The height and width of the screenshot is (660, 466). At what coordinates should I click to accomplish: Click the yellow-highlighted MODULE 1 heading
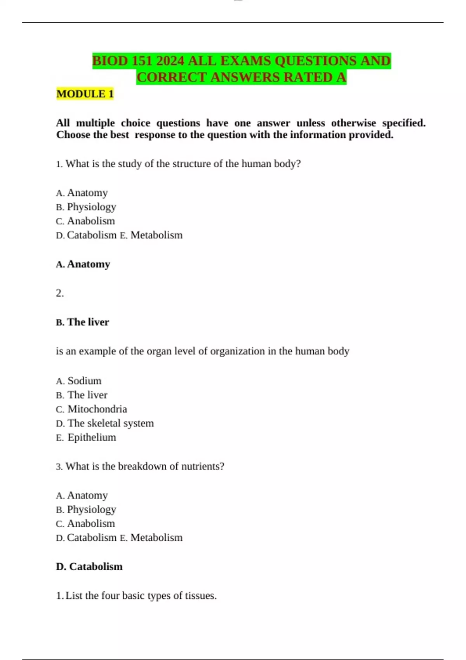point(85,94)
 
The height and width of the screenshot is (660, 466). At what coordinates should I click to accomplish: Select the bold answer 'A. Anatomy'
point(83,264)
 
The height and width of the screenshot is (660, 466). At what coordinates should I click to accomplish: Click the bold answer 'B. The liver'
point(82,322)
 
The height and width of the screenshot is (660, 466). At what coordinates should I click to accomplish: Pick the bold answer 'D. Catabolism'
point(89,566)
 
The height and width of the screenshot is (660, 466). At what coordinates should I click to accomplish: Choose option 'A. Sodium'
point(79,380)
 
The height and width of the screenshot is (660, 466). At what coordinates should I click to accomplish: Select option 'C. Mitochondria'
point(92,409)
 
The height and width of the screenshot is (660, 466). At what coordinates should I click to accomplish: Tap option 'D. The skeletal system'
point(105,423)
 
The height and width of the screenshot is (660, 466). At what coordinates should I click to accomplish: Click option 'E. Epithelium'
point(86,437)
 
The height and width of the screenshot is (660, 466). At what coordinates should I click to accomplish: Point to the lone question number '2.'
point(60,293)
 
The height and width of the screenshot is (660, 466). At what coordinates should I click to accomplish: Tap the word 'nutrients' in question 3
point(202,466)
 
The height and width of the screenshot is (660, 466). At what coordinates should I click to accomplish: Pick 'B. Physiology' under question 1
point(86,207)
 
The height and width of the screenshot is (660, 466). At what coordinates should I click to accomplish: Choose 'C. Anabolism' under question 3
point(85,523)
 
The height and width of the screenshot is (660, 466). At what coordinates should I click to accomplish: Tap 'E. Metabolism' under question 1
point(151,235)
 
